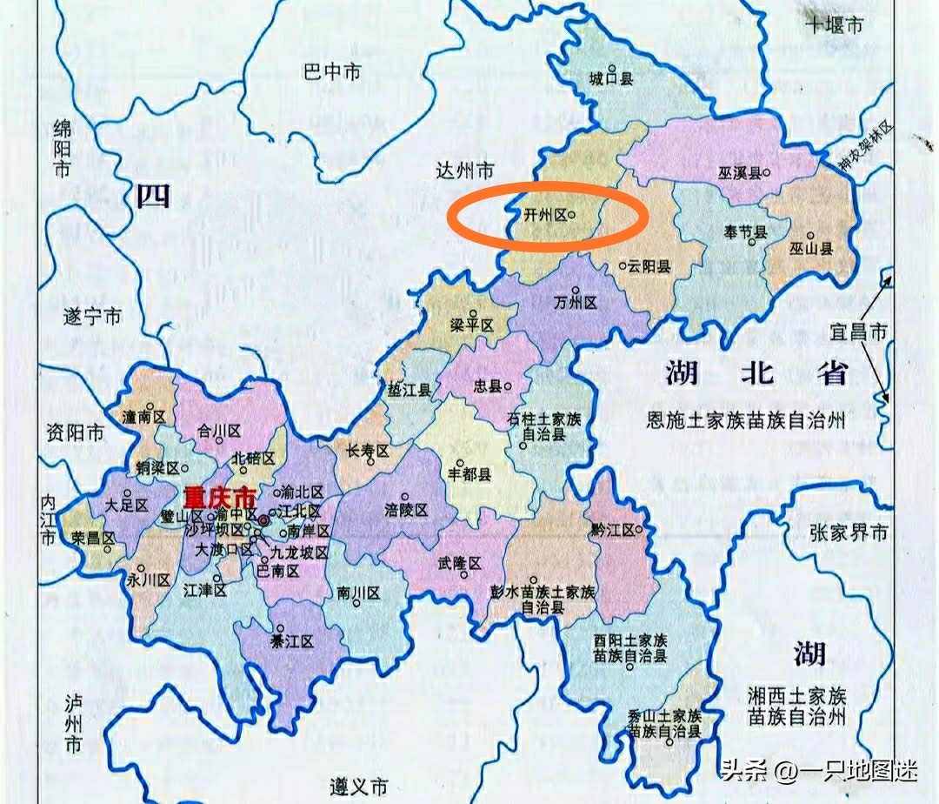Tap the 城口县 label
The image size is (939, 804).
click(610, 79)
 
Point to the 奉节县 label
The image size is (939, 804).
click(744, 232)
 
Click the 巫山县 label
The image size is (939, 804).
click(810, 249)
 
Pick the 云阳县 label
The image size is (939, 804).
click(649, 267)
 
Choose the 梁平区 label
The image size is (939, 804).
click(471, 325)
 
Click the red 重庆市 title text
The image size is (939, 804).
click(220, 497)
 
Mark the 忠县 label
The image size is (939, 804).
click(489, 385)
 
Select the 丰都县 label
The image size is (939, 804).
click(469, 474)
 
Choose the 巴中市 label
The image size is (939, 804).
click(331, 72)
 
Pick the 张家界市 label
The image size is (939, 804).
click(849, 533)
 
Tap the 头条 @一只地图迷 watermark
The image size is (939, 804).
click(818, 769)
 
